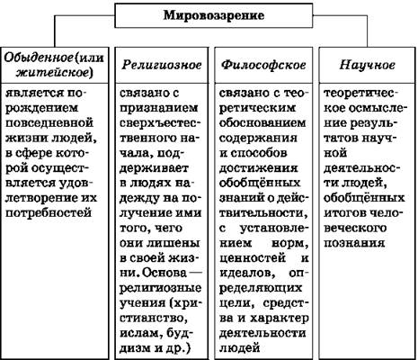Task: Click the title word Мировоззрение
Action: point(214,15)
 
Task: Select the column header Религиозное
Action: point(162,65)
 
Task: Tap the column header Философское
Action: point(263,65)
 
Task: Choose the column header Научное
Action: point(368,65)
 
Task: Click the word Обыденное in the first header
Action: point(39,58)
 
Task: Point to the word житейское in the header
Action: point(52,72)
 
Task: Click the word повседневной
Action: point(49,123)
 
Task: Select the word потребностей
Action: point(49,213)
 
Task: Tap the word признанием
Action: point(159,108)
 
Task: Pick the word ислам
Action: point(141,333)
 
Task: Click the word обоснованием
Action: point(262,123)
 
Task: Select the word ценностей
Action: point(253,258)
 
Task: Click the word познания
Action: point(354,243)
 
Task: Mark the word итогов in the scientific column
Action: point(344,213)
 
